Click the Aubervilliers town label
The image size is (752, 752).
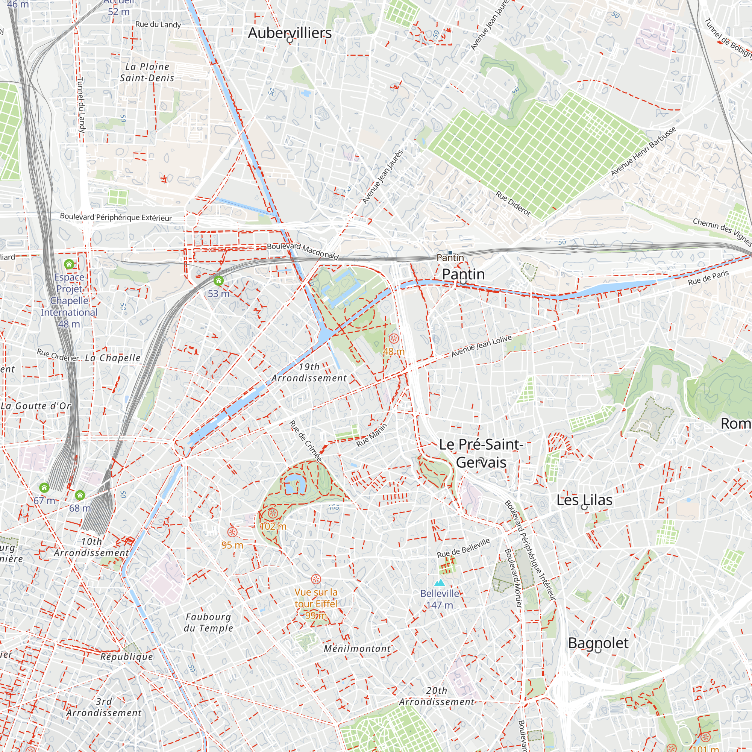pos(290,33)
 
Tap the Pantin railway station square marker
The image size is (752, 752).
pos(450,253)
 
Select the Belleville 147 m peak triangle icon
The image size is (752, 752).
pos(440,583)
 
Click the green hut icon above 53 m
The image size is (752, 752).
pos(219,280)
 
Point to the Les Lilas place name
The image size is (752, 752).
pos(584,500)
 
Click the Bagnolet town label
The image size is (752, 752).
pos(598,643)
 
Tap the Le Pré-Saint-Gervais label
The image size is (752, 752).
pos(481,453)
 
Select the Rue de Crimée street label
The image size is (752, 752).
pos(306,441)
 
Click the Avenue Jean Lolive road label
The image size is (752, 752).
pos(481,346)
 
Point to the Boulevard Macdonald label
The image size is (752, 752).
pos(303,251)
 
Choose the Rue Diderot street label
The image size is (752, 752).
pos(513,203)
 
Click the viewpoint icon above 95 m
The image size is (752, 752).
pos(232,532)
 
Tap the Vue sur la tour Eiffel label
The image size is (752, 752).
pos(316,598)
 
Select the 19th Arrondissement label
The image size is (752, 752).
pos(309,373)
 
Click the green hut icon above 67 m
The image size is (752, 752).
pos(44,487)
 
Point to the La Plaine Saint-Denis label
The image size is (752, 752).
pos(147,73)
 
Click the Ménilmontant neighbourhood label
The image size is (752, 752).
pos(357,649)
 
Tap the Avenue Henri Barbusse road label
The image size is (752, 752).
pos(643,152)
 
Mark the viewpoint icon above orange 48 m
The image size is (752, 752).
pos(394,339)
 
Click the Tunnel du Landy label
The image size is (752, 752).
pos(80,105)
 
